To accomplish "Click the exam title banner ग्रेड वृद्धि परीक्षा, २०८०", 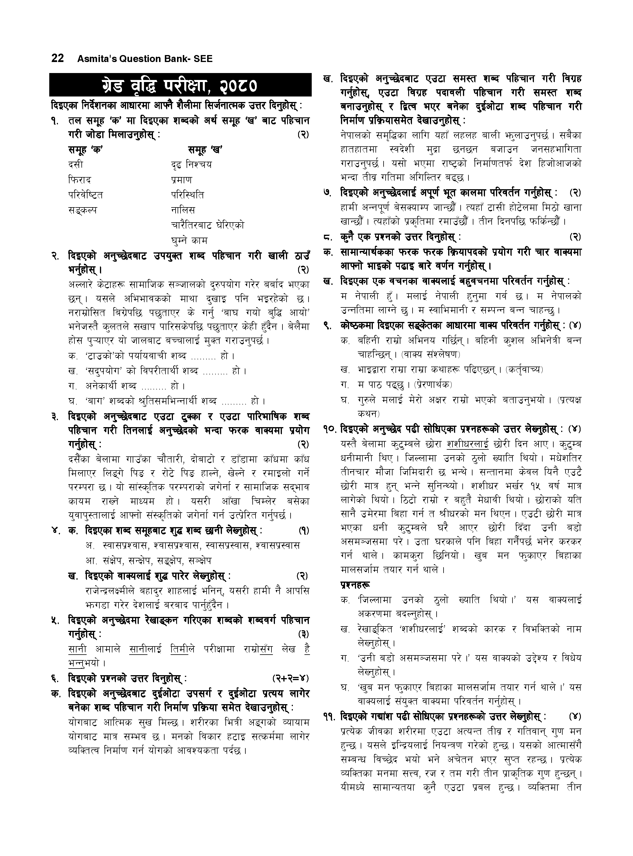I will [180, 85].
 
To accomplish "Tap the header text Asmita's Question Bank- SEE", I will [145, 59].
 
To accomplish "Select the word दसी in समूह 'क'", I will [76, 165].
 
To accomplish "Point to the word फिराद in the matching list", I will [80, 180].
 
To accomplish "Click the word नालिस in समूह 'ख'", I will [183, 210].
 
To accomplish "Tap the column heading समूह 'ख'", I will [205, 150].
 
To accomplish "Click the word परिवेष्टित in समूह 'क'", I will [85, 195].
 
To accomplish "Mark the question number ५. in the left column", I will [56, 620].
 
